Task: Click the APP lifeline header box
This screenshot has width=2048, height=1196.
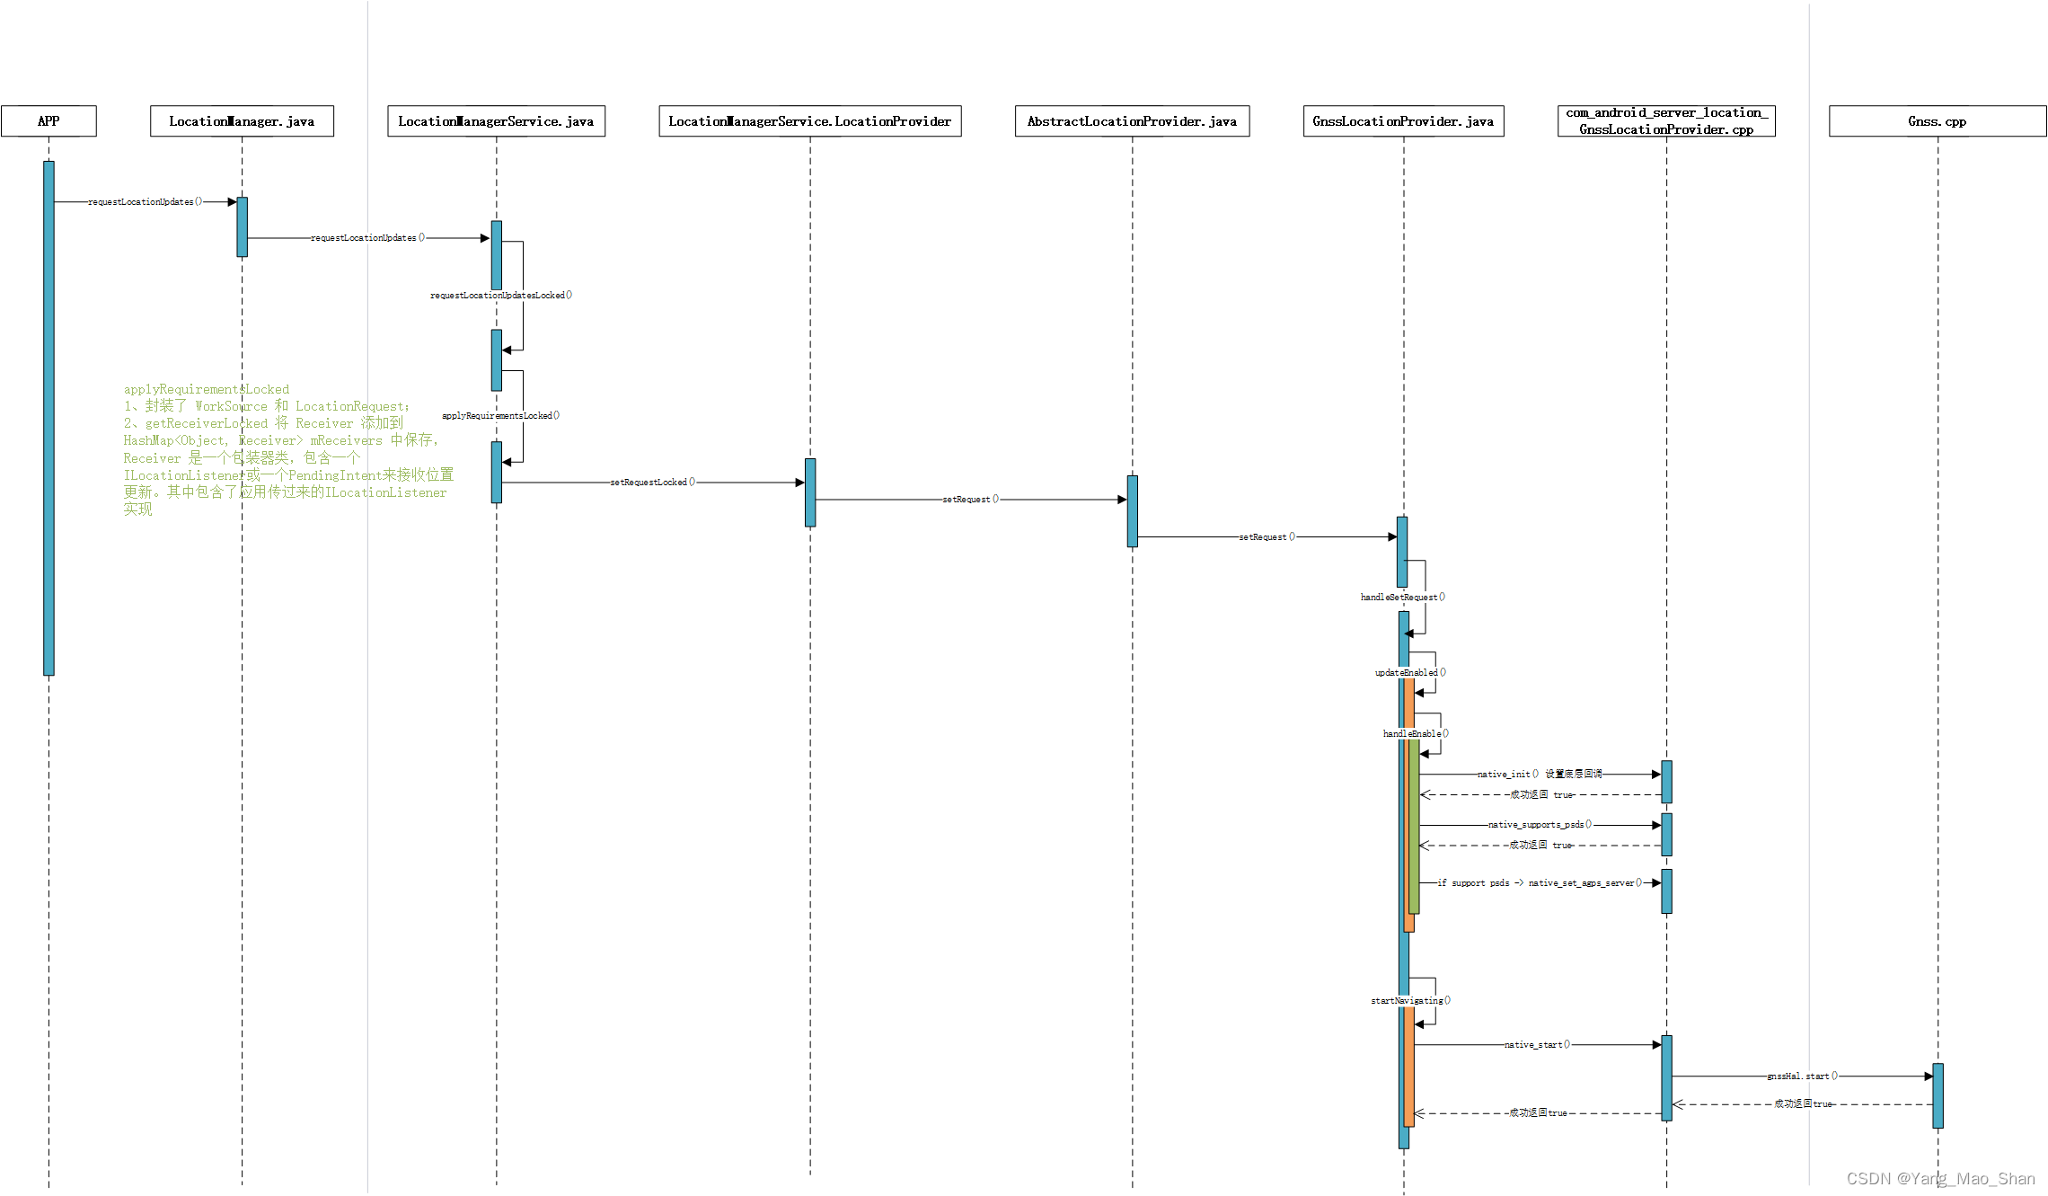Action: coord(49,121)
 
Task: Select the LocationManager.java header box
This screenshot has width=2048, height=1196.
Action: coord(242,121)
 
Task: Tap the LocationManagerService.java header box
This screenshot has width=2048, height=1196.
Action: coord(496,121)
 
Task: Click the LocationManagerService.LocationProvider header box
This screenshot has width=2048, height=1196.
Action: coord(809,121)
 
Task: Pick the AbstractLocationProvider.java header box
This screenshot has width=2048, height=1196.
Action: coord(1132,121)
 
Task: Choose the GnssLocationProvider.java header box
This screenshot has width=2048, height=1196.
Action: coord(1403,121)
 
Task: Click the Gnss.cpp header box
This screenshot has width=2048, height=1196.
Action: coord(1938,121)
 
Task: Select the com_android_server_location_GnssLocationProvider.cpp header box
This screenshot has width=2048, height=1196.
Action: coord(1666,121)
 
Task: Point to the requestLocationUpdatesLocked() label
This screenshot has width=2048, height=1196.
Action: coord(501,296)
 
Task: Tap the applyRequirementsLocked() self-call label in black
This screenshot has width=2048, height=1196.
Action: coord(500,416)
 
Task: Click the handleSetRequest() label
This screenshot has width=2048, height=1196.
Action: coord(1402,598)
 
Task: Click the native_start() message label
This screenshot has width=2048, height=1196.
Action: coord(1537,1045)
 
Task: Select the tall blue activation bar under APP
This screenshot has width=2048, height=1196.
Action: coord(49,418)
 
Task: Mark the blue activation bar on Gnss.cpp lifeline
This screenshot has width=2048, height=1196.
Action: coord(1938,1095)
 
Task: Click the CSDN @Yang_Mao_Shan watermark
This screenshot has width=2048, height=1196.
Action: coord(1940,1179)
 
